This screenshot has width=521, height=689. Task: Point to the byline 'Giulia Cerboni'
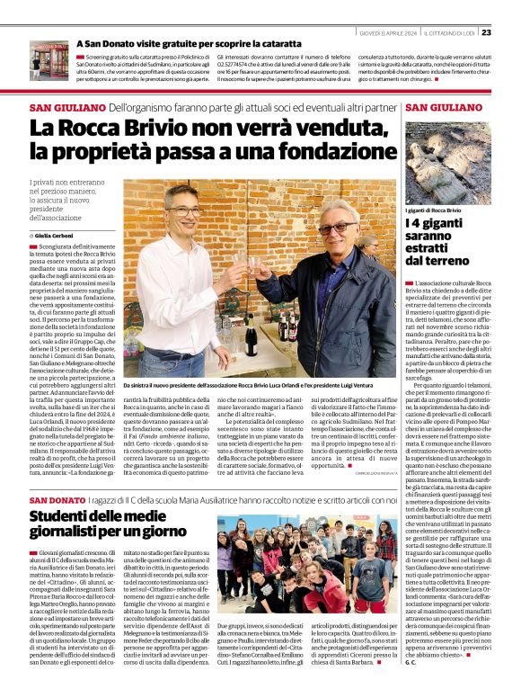(x=57, y=235)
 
